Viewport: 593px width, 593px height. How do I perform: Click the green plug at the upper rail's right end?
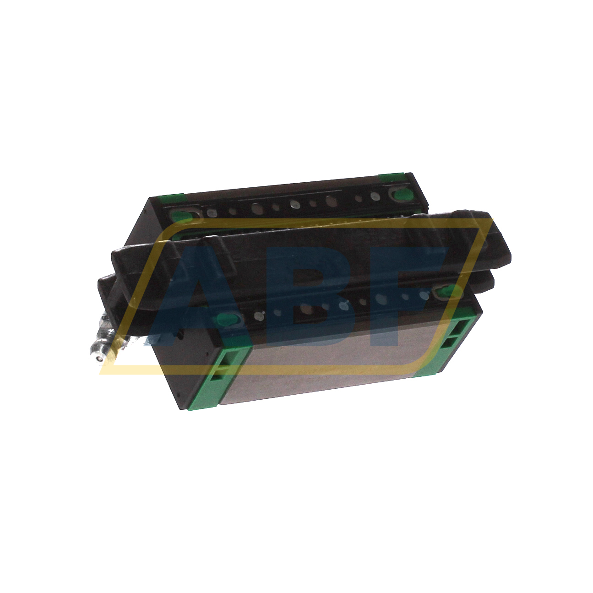(402, 195)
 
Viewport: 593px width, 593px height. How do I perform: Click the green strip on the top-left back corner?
(170, 199)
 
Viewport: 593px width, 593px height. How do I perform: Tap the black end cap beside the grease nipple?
(183, 371)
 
